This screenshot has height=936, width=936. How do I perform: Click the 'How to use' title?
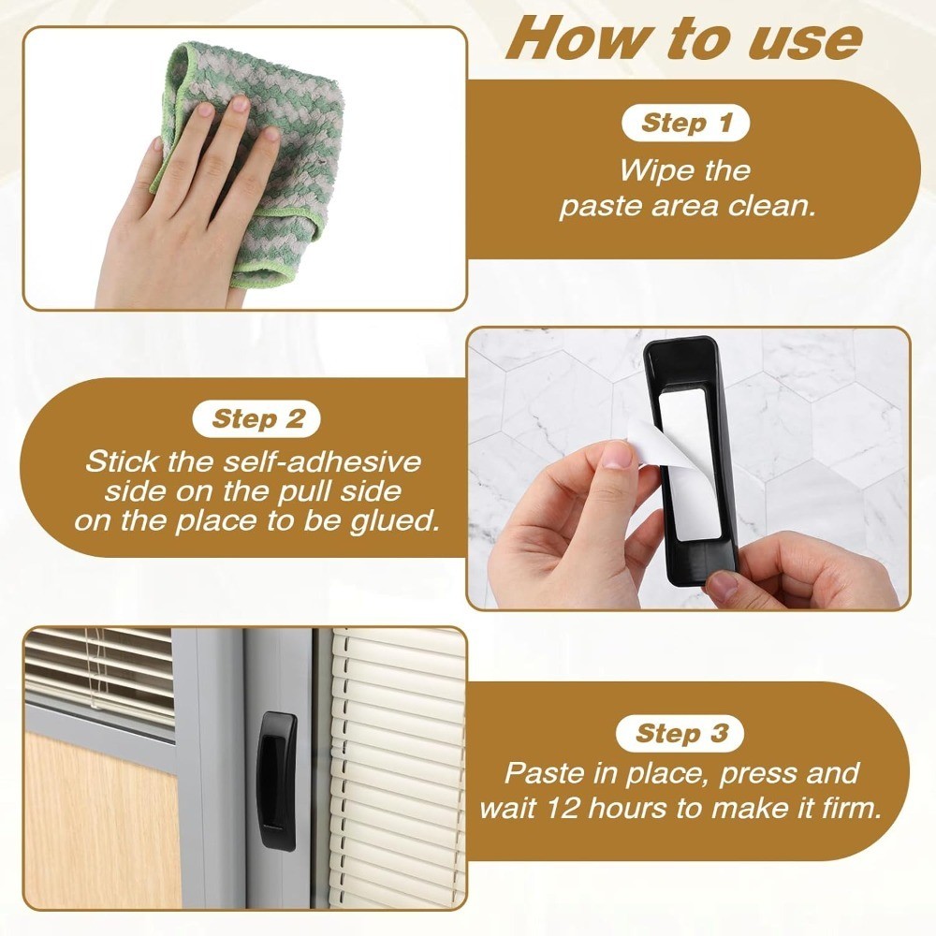tap(684, 39)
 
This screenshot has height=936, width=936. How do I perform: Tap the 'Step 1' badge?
tap(685, 123)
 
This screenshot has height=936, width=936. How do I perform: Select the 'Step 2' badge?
tap(256, 419)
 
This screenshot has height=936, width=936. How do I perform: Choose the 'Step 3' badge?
tap(680, 733)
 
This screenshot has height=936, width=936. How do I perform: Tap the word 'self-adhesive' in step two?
tap(322, 461)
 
